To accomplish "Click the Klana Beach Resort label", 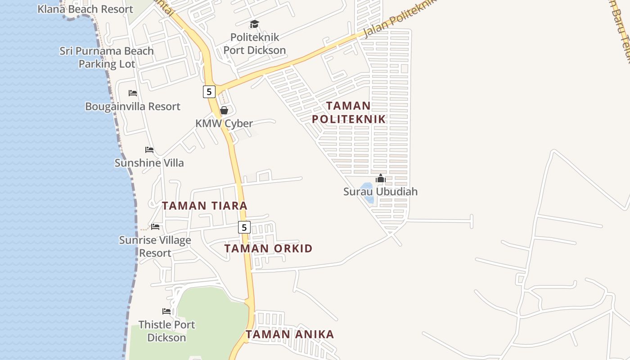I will coord(85,9).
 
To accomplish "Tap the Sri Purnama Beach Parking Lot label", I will coord(107,57).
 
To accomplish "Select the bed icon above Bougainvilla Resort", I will coord(133,93).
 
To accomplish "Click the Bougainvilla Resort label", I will coord(133,107).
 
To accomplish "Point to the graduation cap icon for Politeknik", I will coord(254,24).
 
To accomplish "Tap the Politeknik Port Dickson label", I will coord(254,44).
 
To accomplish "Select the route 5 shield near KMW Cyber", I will coord(209,92).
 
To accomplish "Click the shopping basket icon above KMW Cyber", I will coord(224,110).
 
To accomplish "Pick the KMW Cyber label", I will coord(224,123).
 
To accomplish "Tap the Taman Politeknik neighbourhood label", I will coord(349,112).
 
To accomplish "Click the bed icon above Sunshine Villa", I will coord(149,150).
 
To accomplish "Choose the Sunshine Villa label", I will coord(149,163).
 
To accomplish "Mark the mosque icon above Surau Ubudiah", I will coord(380,179).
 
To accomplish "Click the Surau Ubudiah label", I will coord(380,192).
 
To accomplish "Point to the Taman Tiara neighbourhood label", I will coord(205,206).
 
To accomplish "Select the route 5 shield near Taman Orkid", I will coord(244,227).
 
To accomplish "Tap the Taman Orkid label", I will coord(268,248).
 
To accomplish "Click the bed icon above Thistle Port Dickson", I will coord(166,311).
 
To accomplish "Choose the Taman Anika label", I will coord(290,334).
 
